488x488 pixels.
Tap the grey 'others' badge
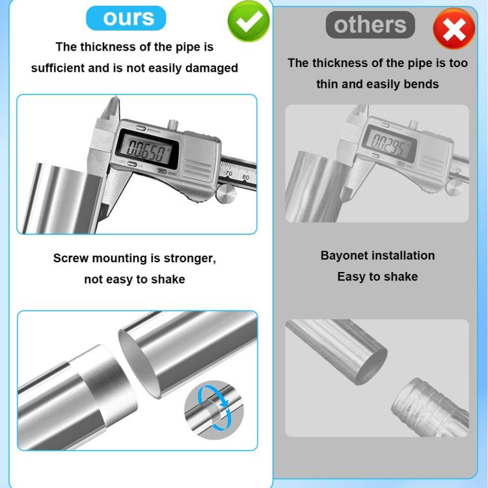(x=370, y=25)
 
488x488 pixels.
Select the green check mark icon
(x=249, y=21)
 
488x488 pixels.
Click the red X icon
(x=454, y=29)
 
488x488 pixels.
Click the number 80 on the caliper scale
(x=245, y=177)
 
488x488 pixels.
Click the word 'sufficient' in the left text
(x=58, y=68)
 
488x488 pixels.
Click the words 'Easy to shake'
(x=377, y=277)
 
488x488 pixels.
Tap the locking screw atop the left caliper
(x=174, y=124)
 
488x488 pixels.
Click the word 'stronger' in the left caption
(x=189, y=258)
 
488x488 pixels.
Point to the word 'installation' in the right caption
(x=404, y=256)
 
